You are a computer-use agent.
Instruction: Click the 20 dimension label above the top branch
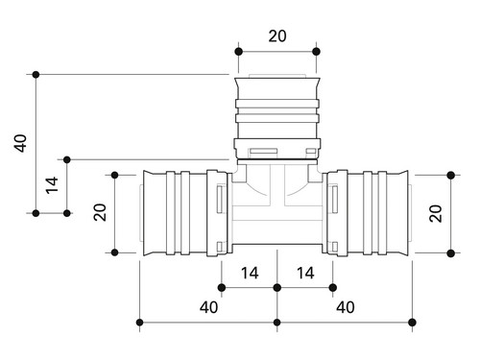[277, 36]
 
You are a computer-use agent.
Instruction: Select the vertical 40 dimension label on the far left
[20, 143]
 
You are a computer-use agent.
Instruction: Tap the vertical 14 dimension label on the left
[52, 185]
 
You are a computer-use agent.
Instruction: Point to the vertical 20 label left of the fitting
[100, 212]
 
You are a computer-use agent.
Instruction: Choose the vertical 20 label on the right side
[436, 213]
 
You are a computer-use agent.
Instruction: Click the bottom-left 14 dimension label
[250, 274]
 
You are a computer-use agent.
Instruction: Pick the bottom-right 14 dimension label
[305, 274]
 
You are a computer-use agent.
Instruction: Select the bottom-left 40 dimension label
[208, 307]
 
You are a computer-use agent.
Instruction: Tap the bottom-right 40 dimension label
[346, 307]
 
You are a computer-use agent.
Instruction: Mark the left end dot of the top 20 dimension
[238, 52]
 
